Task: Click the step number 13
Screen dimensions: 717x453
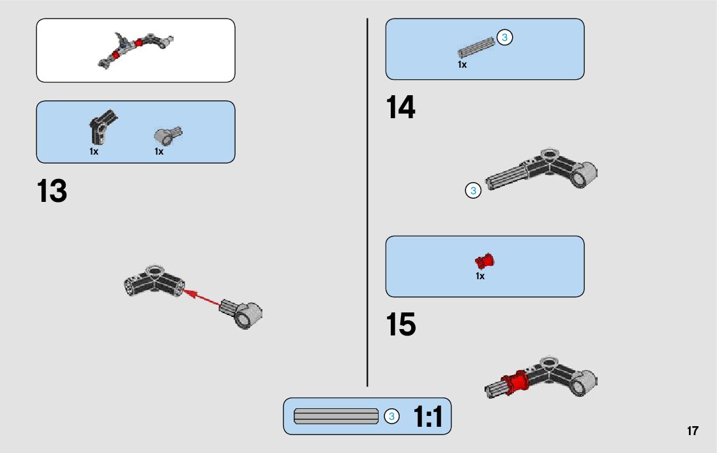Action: point(52,191)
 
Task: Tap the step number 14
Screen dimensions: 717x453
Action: point(400,107)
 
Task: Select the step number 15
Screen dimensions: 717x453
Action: point(400,325)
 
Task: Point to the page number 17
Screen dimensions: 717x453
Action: point(693,431)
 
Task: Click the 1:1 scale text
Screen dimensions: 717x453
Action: point(428,417)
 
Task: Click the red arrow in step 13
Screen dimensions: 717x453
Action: point(203,298)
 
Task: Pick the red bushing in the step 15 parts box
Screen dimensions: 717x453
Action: point(485,260)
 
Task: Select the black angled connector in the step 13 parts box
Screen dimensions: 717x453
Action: point(100,127)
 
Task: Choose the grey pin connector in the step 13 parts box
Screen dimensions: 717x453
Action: point(167,135)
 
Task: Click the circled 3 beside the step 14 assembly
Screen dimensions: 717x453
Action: point(473,190)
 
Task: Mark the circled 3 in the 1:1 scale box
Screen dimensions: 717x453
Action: point(392,417)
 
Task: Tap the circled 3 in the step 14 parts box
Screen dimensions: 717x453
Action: point(504,38)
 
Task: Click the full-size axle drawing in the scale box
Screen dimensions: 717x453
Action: point(336,416)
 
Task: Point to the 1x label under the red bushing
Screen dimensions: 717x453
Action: point(480,276)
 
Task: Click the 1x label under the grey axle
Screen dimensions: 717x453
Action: point(462,65)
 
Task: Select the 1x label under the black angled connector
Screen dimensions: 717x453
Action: point(94,151)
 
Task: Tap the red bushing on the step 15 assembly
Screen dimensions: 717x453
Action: point(515,381)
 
